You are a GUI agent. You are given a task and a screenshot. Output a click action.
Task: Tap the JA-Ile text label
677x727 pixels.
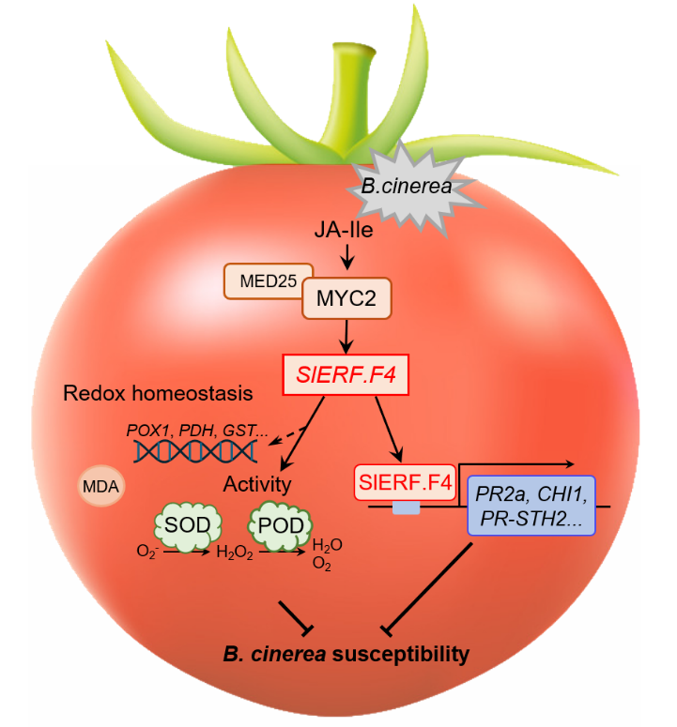click(x=346, y=229)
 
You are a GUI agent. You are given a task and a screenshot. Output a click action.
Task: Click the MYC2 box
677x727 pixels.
click(x=345, y=301)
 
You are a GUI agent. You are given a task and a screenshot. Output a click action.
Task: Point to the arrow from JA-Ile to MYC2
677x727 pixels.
click(x=346, y=256)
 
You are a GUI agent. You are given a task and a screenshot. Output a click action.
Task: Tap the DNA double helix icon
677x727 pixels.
click(x=195, y=452)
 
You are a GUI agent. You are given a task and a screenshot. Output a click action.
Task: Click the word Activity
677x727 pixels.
click(x=257, y=485)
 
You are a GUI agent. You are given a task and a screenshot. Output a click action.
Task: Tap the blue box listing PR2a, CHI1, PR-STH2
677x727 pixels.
click(x=531, y=504)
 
